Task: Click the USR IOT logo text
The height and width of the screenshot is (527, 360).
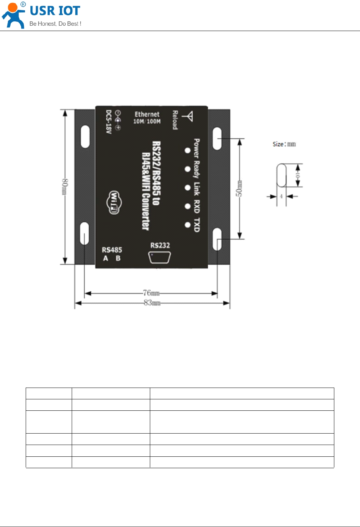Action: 55,11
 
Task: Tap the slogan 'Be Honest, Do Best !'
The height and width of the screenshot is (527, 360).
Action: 55,24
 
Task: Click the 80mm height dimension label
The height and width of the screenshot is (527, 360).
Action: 65,186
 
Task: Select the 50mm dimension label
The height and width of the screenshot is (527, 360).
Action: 239,188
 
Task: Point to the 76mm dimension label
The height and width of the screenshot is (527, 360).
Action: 151,293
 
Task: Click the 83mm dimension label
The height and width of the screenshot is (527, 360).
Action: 152,303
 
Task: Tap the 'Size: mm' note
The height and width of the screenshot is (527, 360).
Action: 284,144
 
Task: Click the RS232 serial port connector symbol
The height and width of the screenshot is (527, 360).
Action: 159,257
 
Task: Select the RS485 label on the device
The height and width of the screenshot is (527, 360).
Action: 112,250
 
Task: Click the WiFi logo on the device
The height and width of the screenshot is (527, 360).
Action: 114,202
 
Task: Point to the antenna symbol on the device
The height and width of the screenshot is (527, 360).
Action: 188,117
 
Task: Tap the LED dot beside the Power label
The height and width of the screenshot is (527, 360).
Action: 187,150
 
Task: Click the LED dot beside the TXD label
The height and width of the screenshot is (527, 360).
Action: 187,225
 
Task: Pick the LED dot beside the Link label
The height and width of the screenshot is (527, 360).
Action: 187,188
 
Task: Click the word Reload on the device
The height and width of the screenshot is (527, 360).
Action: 175,120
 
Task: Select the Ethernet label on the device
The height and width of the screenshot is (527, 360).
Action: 147,114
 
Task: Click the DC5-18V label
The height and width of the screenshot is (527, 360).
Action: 108,122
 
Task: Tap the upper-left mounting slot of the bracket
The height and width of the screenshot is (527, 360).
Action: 85,136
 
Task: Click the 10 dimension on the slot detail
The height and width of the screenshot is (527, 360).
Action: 298,175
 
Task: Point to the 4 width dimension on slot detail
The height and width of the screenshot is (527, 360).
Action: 281,196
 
